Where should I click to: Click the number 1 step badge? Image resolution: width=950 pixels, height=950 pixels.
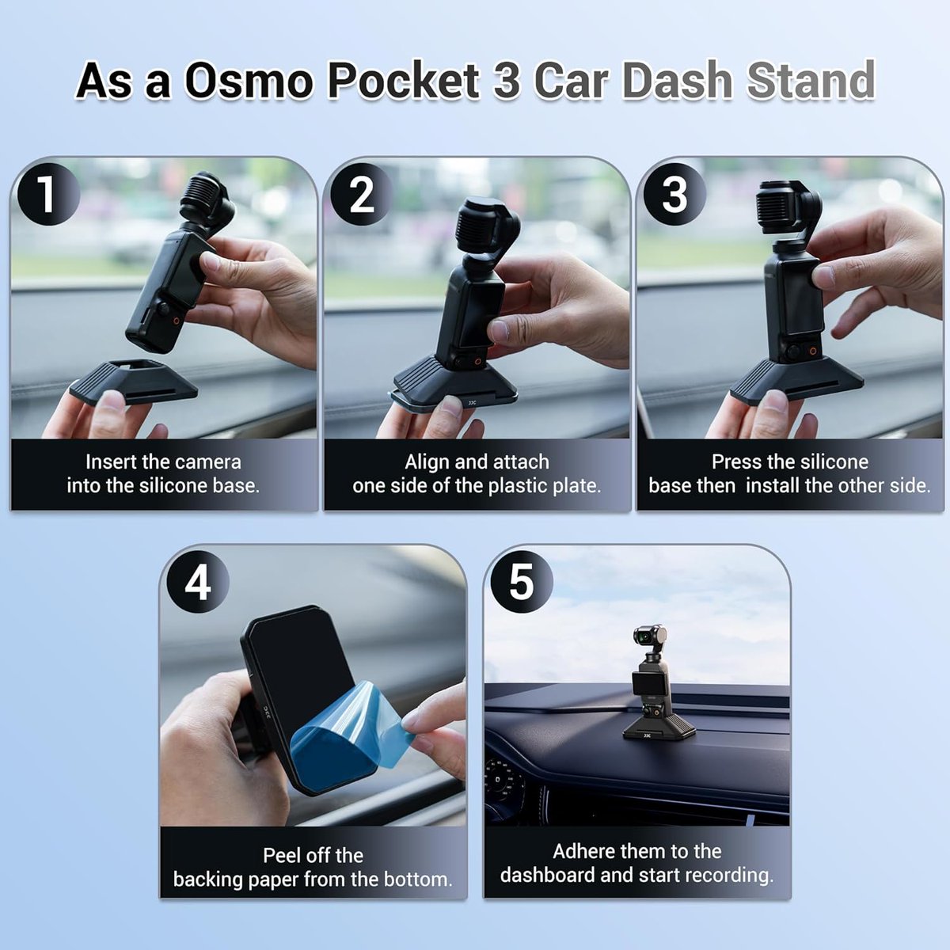tap(48, 194)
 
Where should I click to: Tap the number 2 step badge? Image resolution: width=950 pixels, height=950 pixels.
tap(361, 194)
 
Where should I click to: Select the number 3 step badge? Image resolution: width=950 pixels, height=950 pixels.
tap(674, 194)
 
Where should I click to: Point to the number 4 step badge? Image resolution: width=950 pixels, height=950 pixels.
tap(198, 582)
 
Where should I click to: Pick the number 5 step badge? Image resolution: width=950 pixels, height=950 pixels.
tap(522, 582)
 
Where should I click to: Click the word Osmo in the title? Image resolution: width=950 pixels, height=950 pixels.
tap(249, 81)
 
